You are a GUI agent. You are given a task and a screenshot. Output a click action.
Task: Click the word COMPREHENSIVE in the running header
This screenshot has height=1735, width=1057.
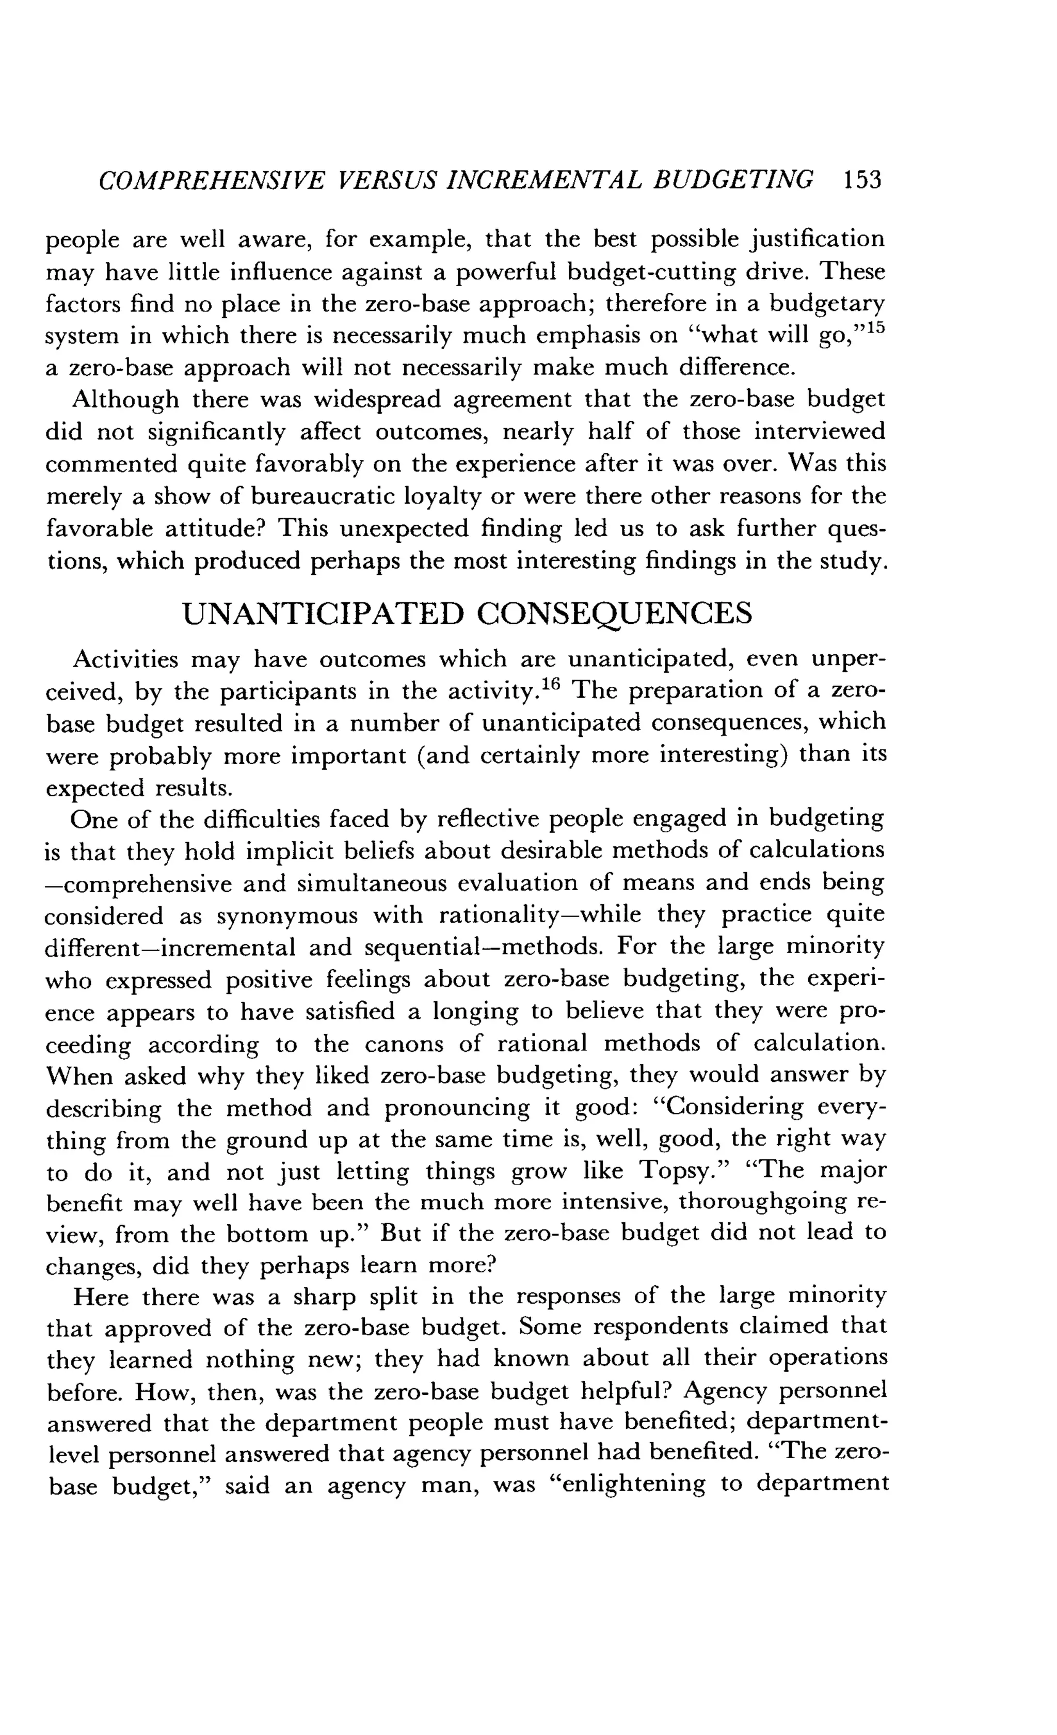click(x=212, y=181)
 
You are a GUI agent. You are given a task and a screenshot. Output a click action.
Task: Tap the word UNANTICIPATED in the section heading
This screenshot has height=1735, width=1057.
click(x=323, y=614)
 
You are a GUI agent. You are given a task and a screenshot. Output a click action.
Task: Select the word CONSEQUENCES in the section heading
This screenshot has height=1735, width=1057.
click(x=614, y=614)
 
